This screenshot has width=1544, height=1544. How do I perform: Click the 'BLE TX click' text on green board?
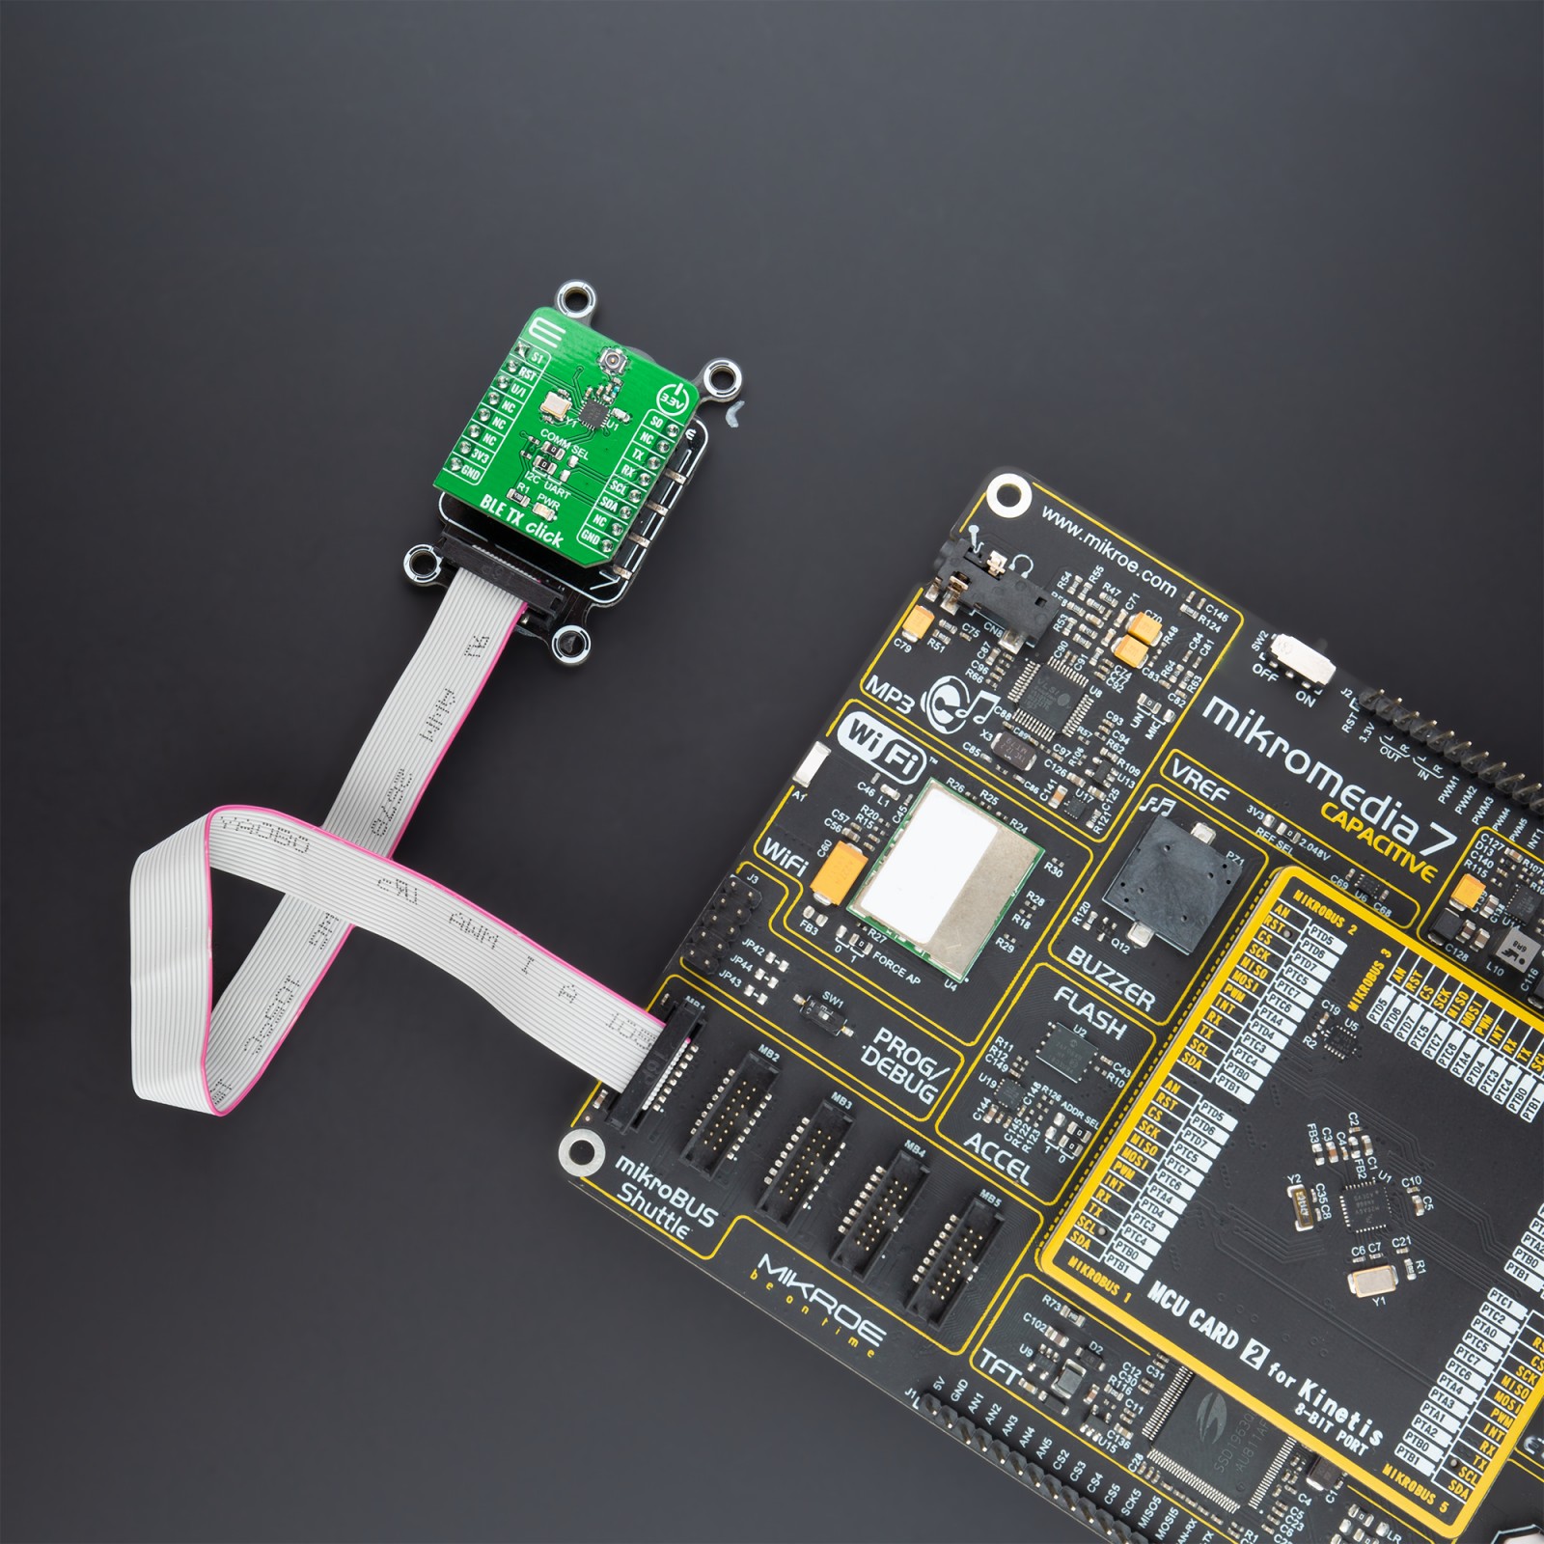point(522,519)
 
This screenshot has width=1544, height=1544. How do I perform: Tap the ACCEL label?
point(997,1158)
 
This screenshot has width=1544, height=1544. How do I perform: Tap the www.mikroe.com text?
point(1109,554)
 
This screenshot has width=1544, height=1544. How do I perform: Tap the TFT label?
point(1001,1371)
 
